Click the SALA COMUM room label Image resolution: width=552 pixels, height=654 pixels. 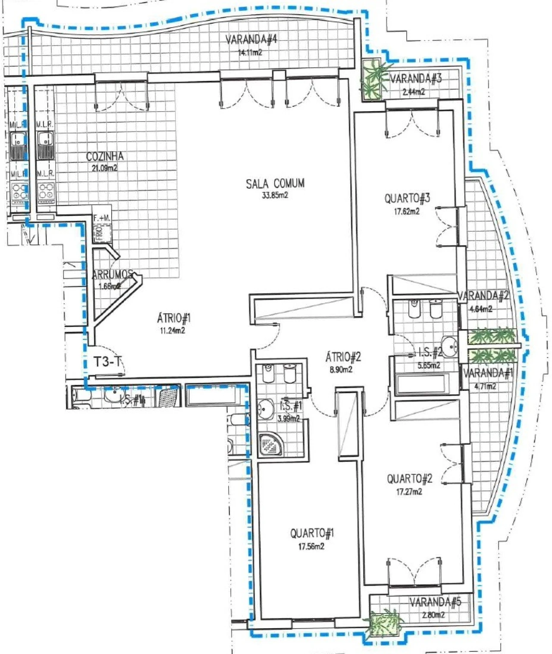point(275,184)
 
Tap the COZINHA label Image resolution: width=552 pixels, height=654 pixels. point(105,156)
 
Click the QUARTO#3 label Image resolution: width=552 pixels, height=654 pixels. point(407,199)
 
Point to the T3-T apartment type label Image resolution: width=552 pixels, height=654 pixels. point(107,362)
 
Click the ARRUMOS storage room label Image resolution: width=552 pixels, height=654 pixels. point(112,274)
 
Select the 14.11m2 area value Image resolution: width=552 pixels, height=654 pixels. point(250,53)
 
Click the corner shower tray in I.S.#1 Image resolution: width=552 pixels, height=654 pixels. point(271,444)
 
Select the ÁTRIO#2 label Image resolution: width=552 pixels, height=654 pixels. point(343,357)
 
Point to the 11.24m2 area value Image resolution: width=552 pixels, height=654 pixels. point(172,331)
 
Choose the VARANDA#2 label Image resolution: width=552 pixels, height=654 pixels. point(483,296)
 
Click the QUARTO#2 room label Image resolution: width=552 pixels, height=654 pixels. point(409,479)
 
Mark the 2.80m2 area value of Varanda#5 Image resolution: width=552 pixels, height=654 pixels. point(433,615)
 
